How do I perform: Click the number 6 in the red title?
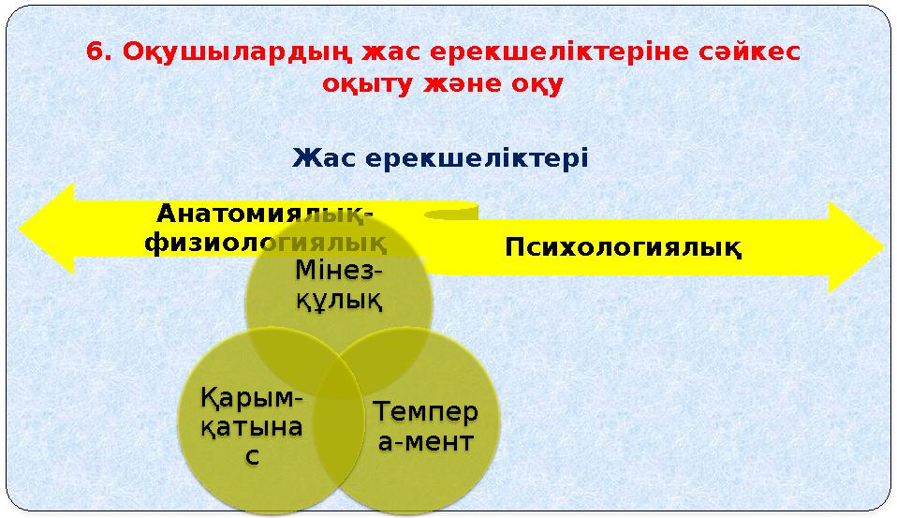[94, 52]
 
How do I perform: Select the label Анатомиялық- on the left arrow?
[264, 215]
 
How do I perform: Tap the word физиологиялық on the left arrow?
[266, 244]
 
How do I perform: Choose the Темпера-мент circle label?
[425, 426]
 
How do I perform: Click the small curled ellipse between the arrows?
[449, 215]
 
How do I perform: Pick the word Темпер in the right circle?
[425, 412]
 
